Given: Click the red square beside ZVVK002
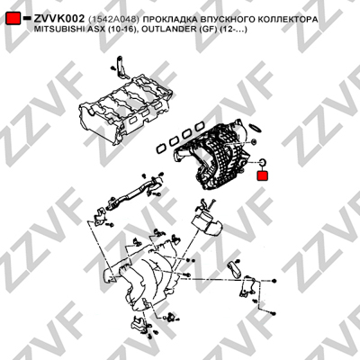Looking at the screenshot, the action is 13,19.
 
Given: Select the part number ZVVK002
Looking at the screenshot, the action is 59,19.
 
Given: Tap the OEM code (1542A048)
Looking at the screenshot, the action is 113,20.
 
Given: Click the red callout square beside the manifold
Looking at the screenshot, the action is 263,175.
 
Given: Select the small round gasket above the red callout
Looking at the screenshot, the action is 262,162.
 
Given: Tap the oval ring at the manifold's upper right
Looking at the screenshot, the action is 256,128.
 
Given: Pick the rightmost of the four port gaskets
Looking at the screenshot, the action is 200,126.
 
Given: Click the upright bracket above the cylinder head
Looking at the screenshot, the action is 122,67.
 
